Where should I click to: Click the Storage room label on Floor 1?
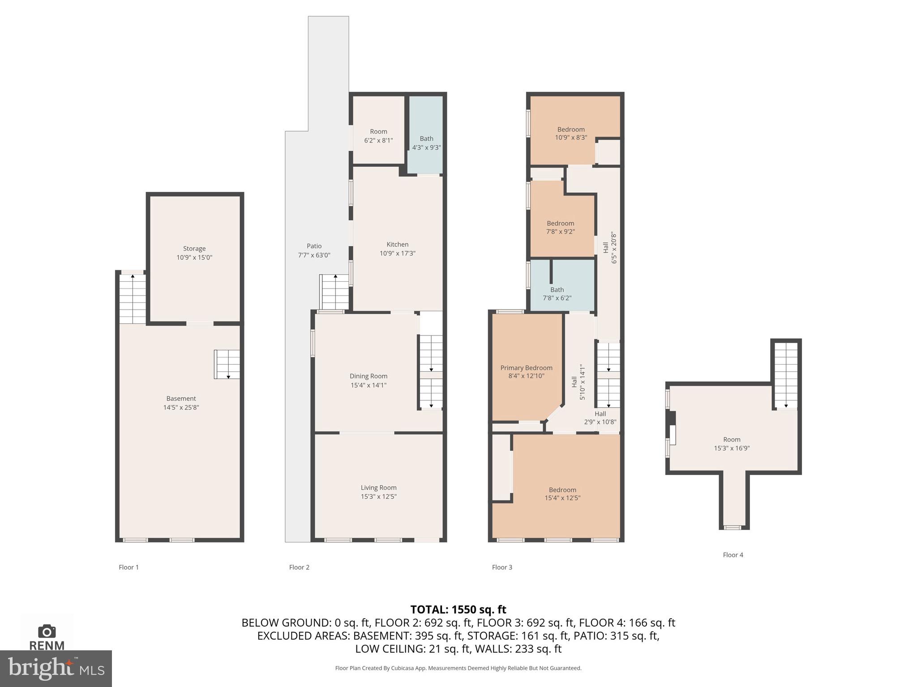194,249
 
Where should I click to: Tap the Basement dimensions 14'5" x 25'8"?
181,407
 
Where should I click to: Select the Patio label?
314,246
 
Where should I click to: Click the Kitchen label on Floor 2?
397,245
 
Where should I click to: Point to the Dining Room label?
369,376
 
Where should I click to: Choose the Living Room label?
378,488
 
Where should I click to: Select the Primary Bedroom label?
526,368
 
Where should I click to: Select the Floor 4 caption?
733,555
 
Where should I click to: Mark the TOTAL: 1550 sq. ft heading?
458,610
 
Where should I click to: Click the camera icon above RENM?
47,632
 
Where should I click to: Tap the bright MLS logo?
56,669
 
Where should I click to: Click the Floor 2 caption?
299,567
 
